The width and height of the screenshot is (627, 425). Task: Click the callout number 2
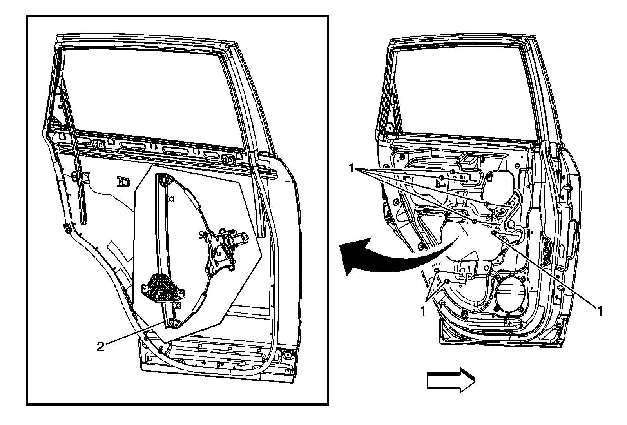click(x=100, y=347)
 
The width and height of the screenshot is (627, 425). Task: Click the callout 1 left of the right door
click(x=352, y=168)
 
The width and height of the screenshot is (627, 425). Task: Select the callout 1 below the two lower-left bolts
click(x=423, y=311)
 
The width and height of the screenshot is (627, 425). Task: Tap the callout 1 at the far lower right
click(x=599, y=311)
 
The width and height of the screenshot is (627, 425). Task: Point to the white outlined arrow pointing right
click(x=451, y=380)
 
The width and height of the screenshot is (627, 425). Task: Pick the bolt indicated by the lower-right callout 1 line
click(x=494, y=233)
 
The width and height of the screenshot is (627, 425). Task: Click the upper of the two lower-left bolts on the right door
click(x=437, y=271)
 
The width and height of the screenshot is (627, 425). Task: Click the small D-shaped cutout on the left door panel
click(x=123, y=182)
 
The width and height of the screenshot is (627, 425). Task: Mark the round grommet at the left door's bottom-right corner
click(x=292, y=354)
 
